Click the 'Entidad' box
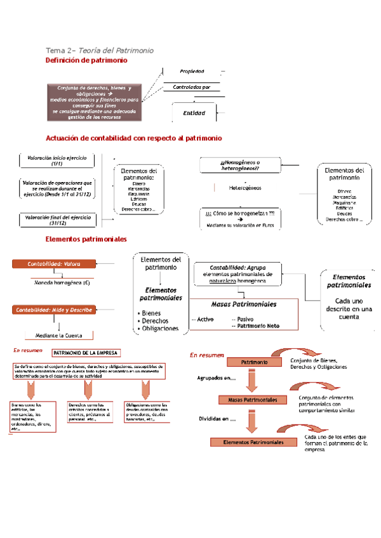[x=194, y=113]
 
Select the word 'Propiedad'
[x=192, y=71]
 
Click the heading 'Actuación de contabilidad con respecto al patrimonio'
[x=134, y=138]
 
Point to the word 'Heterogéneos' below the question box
[x=245, y=188]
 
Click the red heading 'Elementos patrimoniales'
[x=86, y=239]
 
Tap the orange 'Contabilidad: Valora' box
[x=53, y=263]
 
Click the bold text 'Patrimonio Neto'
[x=257, y=325]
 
